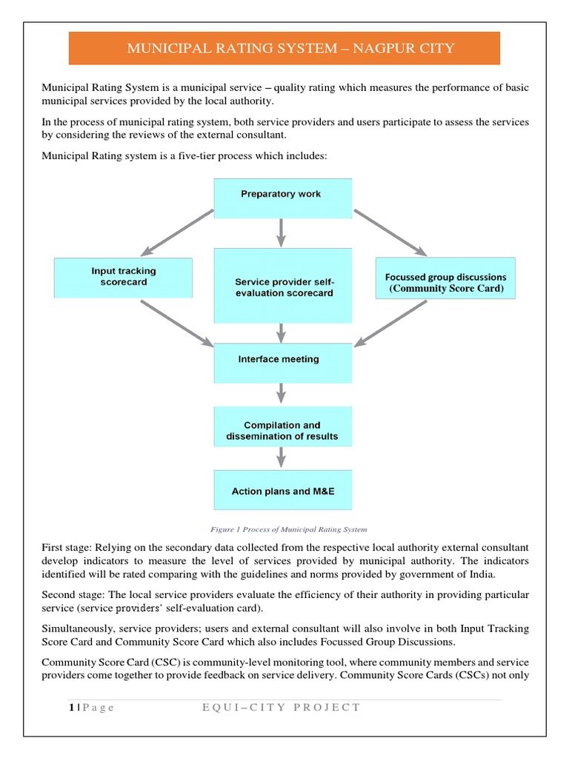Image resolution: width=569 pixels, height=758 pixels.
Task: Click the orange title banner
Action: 284,49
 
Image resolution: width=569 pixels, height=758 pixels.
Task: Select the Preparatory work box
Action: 281,195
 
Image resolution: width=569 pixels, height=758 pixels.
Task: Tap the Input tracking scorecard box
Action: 124,277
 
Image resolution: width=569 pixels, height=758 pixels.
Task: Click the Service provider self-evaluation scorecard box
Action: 283,286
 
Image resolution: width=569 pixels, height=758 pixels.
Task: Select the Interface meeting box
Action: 282,360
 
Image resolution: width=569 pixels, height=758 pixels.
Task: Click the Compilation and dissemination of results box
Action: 282,431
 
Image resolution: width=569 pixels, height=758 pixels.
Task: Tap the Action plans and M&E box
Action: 282,491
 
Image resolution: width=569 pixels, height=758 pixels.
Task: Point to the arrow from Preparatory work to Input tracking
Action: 181,231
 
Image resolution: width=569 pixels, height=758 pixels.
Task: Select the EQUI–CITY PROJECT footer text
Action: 281,707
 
